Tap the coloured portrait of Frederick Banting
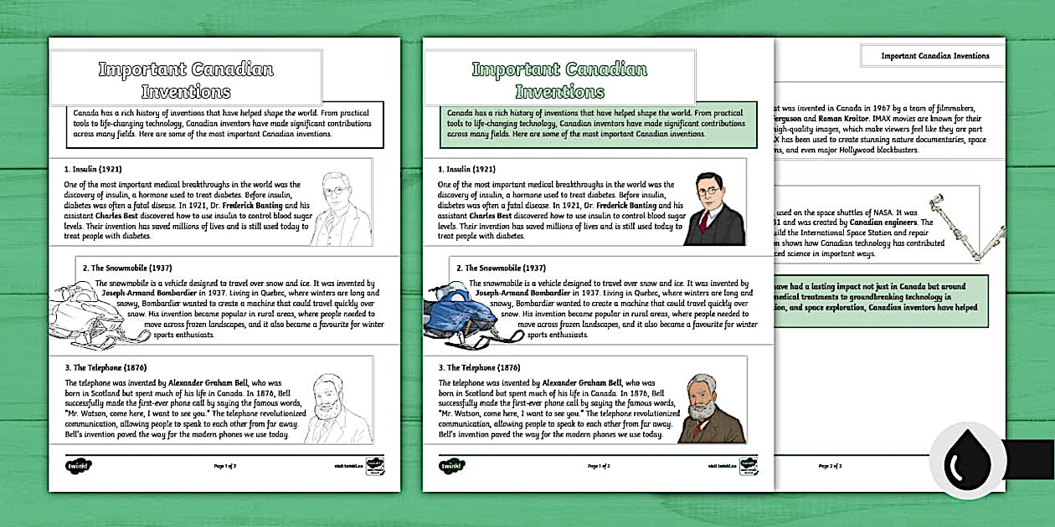(713, 211)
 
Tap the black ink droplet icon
(967, 459)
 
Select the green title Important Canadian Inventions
(559, 79)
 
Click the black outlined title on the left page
(186, 79)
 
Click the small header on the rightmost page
(934, 56)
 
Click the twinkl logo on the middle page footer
(452, 465)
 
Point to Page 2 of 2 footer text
(829, 465)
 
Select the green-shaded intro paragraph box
(598, 122)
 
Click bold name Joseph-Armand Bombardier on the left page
(146, 294)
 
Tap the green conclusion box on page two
(879, 298)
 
